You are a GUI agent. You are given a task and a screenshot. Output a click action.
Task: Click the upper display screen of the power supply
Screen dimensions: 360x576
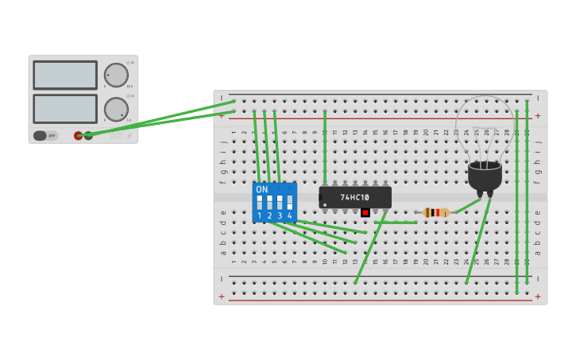pyautogui.click(x=65, y=75)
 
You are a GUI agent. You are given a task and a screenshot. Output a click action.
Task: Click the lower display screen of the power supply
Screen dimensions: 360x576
pyautogui.click(x=65, y=109)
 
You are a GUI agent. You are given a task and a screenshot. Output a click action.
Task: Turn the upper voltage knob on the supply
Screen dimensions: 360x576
pyautogui.click(x=116, y=75)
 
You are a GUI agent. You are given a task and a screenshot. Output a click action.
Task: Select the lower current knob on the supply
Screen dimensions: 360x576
pyautogui.click(x=116, y=109)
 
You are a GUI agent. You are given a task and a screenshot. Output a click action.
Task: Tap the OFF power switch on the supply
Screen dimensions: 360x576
pyautogui.click(x=45, y=136)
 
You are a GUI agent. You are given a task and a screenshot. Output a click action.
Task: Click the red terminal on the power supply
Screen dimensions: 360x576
pyautogui.click(x=78, y=136)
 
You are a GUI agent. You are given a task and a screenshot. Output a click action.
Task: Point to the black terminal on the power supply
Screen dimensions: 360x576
pyautogui.click(x=88, y=136)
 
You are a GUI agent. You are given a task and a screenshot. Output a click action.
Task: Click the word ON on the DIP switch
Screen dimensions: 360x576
pyautogui.click(x=262, y=190)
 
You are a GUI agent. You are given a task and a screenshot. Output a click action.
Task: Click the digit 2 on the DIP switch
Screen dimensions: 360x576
pyautogui.click(x=269, y=216)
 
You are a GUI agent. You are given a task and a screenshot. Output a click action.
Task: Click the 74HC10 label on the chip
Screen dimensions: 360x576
pyautogui.click(x=355, y=197)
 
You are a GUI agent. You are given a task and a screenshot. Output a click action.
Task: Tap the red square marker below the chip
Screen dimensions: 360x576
pyautogui.click(x=365, y=212)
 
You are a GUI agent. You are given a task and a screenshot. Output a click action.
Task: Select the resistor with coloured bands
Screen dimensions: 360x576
pyautogui.click(x=435, y=212)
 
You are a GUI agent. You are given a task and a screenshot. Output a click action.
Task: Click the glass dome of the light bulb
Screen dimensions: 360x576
pyautogui.click(x=485, y=127)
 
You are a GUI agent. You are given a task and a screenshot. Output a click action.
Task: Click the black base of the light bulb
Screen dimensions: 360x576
pyautogui.click(x=485, y=176)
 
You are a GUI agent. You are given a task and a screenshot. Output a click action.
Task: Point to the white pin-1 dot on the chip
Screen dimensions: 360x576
pyautogui.click(x=324, y=204)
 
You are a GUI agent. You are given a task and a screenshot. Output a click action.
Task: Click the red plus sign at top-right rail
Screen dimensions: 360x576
pyautogui.click(x=538, y=116)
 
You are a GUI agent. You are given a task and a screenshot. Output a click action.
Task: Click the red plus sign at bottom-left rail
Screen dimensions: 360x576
pyautogui.click(x=222, y=296)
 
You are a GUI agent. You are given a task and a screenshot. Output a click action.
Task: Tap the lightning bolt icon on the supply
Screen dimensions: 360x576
pyautogui.click(x=130, y=136)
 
